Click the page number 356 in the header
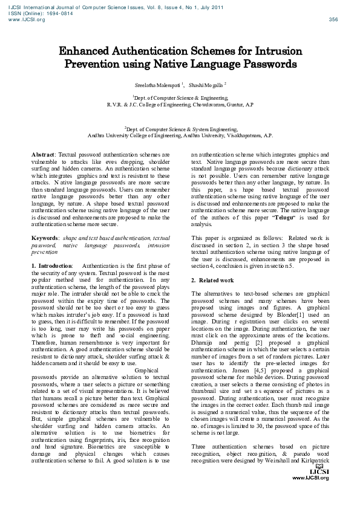(x=333, y=19)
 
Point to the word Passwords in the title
(x=267, y=63)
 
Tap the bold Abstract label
(x=42, y=155)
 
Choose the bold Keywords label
(x=45, y=239)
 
